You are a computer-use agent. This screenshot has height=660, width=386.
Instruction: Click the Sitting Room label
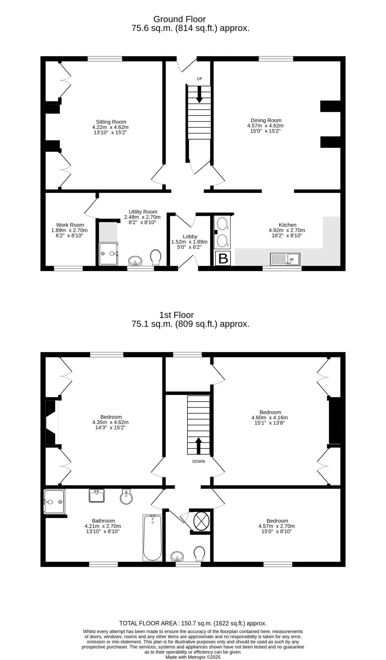111,122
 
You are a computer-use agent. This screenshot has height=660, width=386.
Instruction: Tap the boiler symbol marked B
223,258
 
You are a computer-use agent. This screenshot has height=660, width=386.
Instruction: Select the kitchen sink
285,259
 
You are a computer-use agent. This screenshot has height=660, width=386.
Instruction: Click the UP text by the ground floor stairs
199,79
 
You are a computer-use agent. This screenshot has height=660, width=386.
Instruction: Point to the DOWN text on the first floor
199,461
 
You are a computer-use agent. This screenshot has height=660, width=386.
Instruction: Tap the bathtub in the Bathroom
152,538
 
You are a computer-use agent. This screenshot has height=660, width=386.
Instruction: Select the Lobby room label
190,236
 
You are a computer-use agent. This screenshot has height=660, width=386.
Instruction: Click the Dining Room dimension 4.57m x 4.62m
265,126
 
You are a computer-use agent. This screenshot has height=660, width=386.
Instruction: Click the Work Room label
70,225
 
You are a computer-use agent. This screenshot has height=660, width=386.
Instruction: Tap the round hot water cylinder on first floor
201,521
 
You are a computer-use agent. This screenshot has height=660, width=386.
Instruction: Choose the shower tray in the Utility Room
108,254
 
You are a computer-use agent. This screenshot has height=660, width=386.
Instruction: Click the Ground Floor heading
179,19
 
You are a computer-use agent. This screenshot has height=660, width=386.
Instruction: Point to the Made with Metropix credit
193,657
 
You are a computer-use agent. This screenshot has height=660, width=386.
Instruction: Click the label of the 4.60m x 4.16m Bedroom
270,412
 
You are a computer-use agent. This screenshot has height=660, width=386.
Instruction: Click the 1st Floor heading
176,315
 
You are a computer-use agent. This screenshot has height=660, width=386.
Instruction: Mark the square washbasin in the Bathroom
97,496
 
